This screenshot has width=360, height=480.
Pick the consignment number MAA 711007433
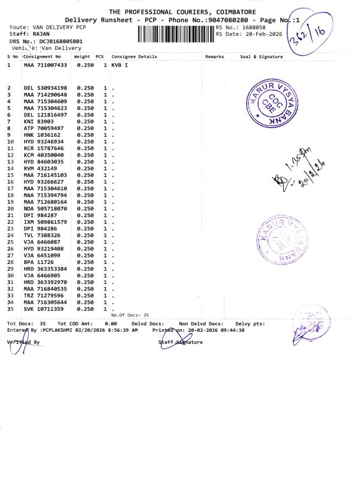(x=45, y=64)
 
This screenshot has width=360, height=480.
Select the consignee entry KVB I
(x=120, y=64)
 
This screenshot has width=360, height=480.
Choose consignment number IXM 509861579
(x=45, y=222)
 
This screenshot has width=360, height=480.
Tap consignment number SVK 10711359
(x=43, y=309)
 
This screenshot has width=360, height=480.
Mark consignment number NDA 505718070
(x=45, y=208)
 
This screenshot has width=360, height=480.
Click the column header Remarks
(x=214, y=56)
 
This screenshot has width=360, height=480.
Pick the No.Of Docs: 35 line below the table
(x=130, y=314)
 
